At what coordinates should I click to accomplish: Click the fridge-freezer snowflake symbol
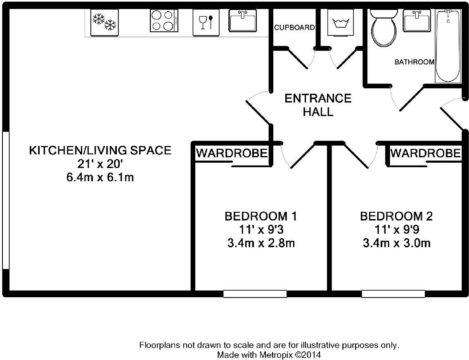104,22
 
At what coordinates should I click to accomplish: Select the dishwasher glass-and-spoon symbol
206,22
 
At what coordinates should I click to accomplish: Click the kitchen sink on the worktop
243,20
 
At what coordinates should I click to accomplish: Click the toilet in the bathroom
384,28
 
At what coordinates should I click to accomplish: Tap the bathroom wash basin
417,20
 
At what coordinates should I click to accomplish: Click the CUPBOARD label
295,28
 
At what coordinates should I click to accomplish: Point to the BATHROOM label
415,62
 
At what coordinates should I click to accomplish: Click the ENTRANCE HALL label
318,105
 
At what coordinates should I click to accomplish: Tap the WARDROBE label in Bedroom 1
232,153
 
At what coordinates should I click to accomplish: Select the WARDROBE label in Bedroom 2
426,153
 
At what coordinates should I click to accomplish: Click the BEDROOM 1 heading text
261,216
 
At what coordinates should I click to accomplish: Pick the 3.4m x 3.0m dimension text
397,243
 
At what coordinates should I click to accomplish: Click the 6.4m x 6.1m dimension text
100,177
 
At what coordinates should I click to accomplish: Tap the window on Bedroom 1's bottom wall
255,294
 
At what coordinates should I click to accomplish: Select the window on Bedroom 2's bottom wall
393,294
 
